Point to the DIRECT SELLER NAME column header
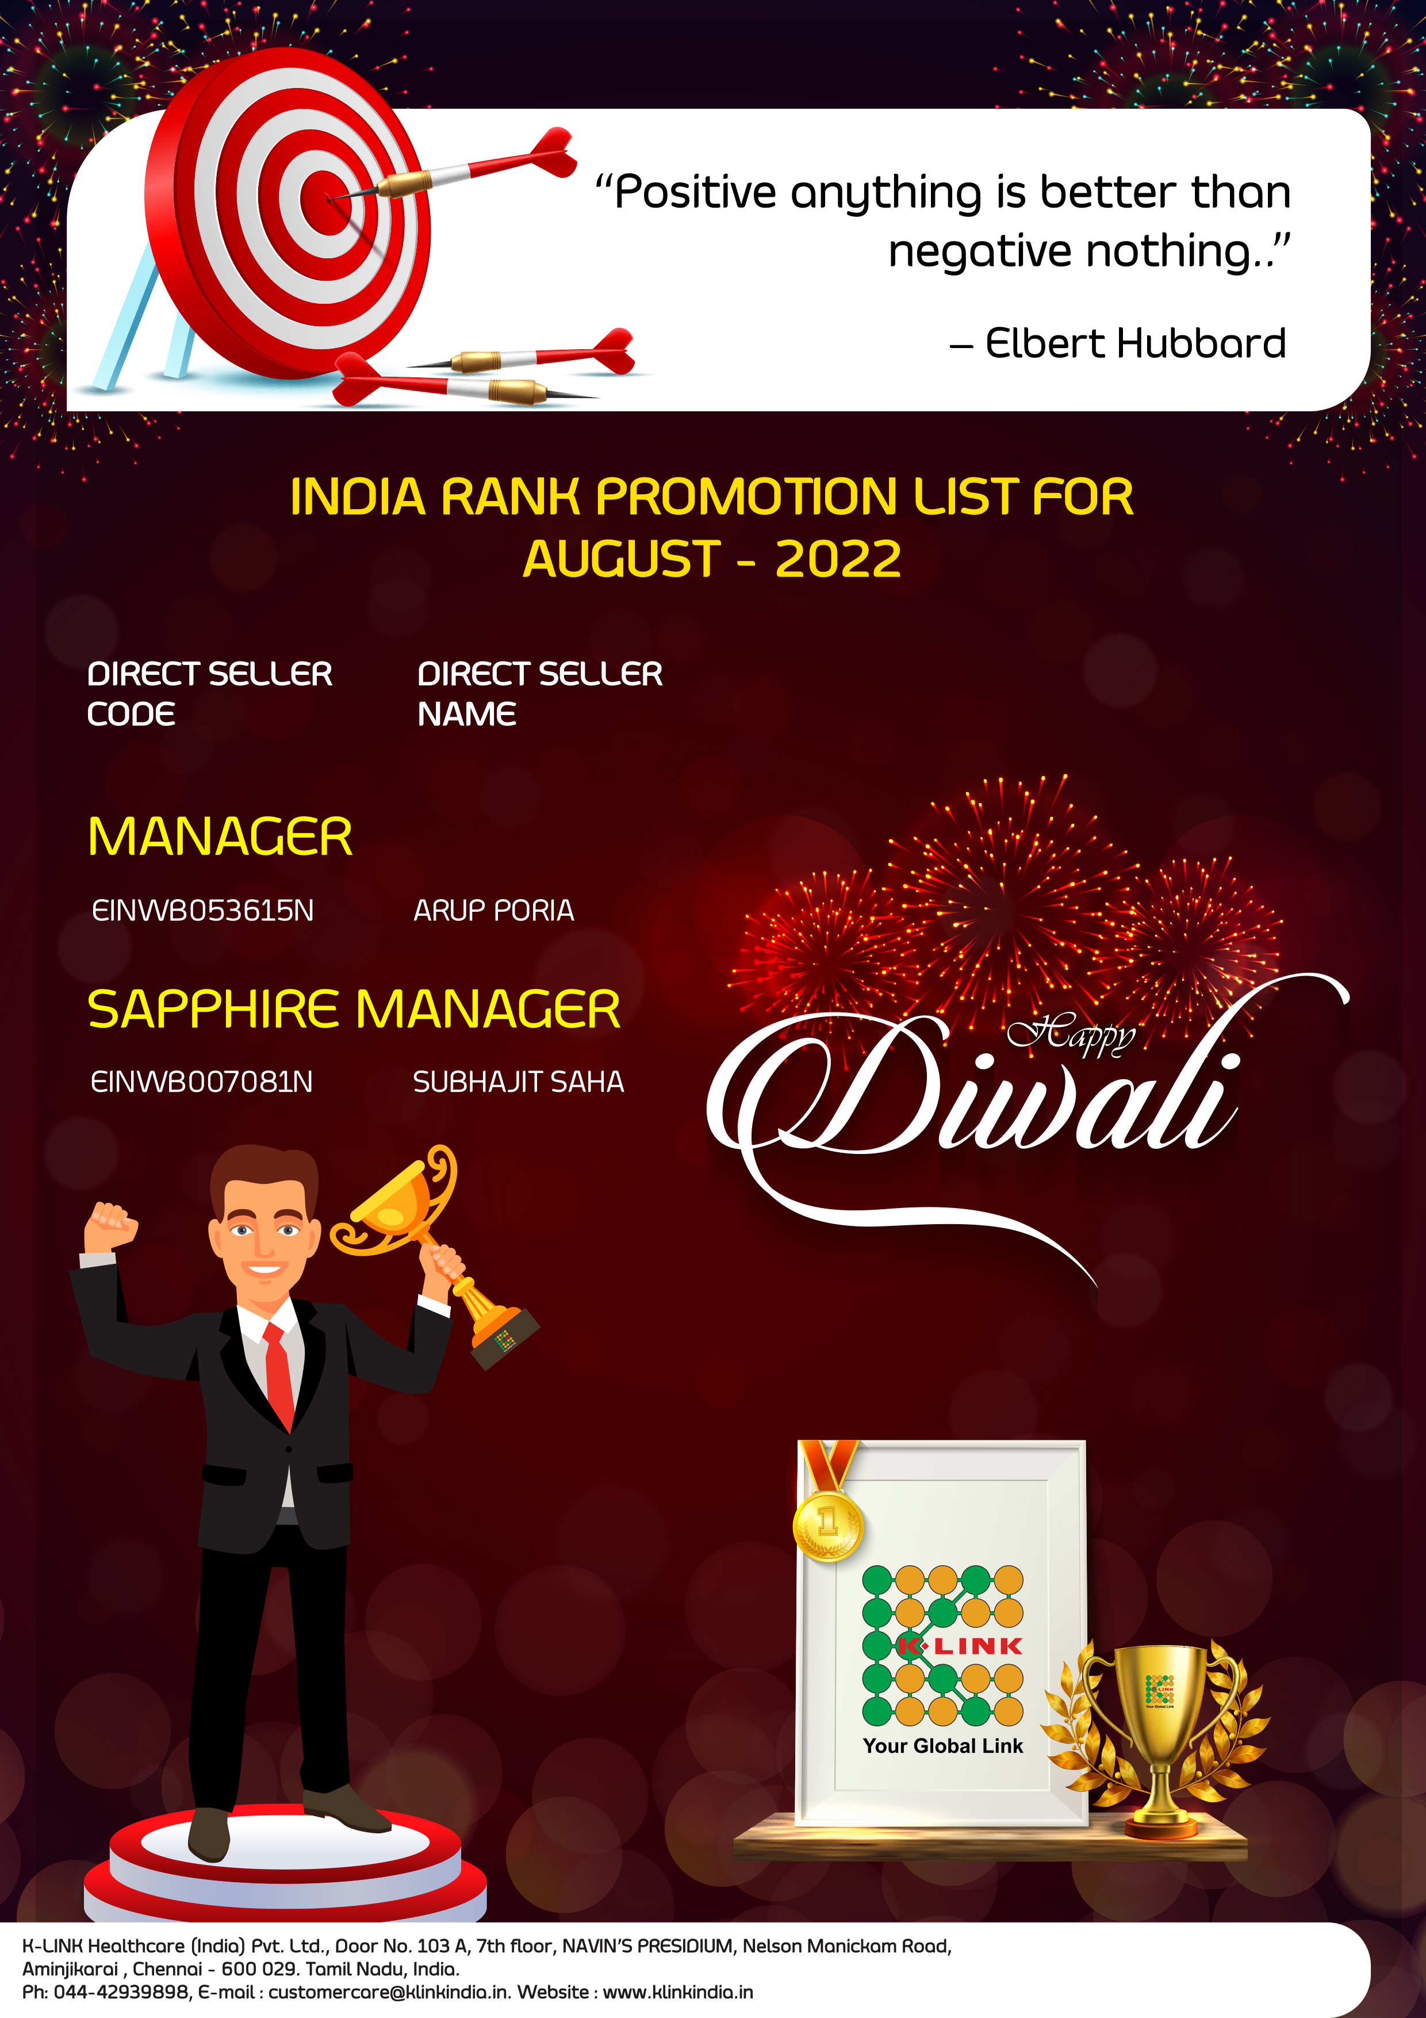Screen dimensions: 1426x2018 539,693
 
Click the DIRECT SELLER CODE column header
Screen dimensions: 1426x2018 210,693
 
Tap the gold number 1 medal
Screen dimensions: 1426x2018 827,1525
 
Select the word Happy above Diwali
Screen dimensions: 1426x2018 1071,1035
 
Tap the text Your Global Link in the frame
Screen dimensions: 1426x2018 943,1745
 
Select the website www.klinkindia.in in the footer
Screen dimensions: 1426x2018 677,1992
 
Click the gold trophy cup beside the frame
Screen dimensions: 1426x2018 1160,1736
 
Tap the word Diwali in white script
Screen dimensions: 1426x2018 975,1094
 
